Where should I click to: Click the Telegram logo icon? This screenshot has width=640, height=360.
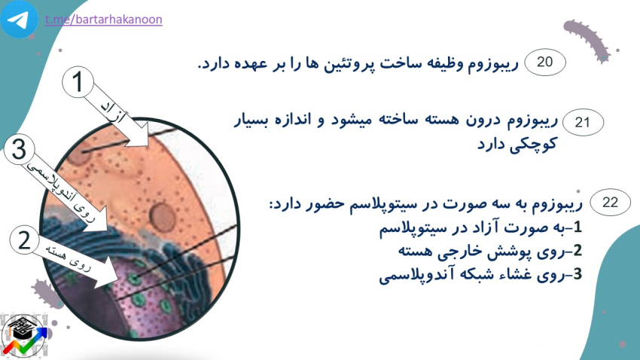pyautogui.click(x=19, y=19)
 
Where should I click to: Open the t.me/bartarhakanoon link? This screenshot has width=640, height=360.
pyautogui.click(x=104, y=19)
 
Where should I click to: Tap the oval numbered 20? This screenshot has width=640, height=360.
pyautogui.click(x=545, y=62)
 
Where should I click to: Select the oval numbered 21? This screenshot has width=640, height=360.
pyautogui.click(x=583, y=122)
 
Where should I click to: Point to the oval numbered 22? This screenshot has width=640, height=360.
pyautogui.click(x=610, y=202)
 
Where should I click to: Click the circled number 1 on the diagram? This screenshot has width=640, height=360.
pyautogui.click(x=78, y=82)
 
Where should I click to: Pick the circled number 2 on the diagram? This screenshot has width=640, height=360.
pyautogui.click(x=25, y=239)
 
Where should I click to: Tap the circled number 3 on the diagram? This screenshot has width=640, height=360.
pyautogui.click(x=19, y=149)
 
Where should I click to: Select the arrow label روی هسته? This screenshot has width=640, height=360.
pyautogui.click(x=69, y=258)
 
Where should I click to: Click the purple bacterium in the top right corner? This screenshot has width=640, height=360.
pyautogui.click(x=587, y=41)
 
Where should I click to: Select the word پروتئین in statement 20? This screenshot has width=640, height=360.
pyautogui.click(x=343, y=63)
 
